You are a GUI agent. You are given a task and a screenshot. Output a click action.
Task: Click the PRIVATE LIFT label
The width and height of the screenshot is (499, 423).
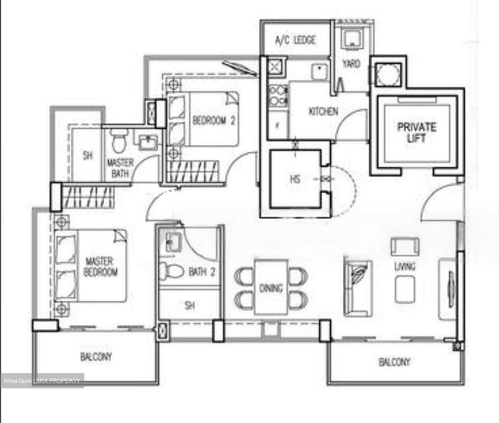(416, 132)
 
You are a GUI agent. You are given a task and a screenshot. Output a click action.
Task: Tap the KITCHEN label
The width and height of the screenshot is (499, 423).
(323, 112)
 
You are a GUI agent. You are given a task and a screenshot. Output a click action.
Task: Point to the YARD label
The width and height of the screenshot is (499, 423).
(351, 64)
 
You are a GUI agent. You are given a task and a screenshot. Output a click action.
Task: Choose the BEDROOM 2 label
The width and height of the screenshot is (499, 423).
(214, 121)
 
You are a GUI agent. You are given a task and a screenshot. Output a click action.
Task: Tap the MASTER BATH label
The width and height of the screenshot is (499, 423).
(120, 168)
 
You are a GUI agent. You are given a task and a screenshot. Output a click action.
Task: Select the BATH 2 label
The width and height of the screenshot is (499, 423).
(202, 272)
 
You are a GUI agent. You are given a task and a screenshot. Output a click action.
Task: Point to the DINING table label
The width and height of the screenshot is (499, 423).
(271, 288)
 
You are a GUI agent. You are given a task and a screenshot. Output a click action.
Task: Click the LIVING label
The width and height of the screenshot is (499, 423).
(405, 266)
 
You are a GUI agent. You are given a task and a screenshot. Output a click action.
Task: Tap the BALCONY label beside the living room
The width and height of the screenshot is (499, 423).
(394, 362)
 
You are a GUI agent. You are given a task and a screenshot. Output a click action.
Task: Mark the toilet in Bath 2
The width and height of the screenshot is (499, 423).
(171, 270)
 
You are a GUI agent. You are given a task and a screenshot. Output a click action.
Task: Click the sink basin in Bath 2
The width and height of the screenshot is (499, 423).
(173, 242)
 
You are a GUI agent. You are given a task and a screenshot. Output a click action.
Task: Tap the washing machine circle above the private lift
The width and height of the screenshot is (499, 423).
(387, 75)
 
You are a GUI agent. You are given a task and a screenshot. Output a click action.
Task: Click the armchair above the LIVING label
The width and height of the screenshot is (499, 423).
(405, 247)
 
